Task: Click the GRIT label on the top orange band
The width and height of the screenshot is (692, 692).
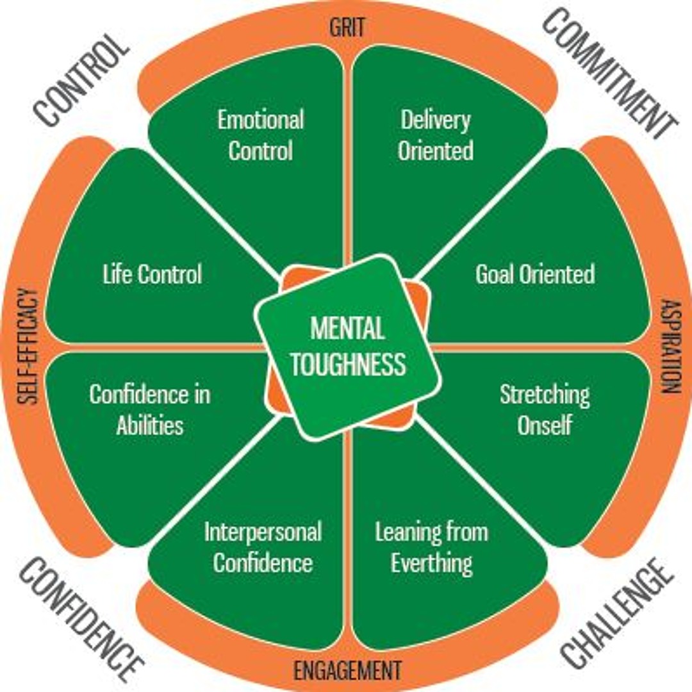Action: coord(347,28)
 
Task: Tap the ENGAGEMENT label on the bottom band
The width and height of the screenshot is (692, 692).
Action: coord(347,671)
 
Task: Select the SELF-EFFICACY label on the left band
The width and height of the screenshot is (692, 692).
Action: coord(28,346)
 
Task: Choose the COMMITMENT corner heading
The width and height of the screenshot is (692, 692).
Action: coord(609,74)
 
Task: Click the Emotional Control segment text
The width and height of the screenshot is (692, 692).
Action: coord(261,135)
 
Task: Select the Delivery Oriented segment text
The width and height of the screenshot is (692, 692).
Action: coord(436,135)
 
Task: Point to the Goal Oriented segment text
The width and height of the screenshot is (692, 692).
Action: coord(535,274)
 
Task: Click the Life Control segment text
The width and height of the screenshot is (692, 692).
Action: coord(152,274)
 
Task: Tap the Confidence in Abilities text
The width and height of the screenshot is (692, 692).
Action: coord(150,409)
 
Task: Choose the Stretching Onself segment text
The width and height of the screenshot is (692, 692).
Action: coord(545,409)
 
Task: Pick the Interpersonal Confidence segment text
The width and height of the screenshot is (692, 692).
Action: coord(263,547)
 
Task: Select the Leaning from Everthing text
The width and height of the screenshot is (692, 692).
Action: coord(432,547)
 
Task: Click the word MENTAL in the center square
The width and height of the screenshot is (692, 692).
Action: coord(347,329)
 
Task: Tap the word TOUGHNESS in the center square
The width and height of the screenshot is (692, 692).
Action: coord(348,363)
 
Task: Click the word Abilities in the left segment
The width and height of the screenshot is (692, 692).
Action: coord(150,425)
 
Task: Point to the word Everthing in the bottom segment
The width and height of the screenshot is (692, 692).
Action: coord(432,564)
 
